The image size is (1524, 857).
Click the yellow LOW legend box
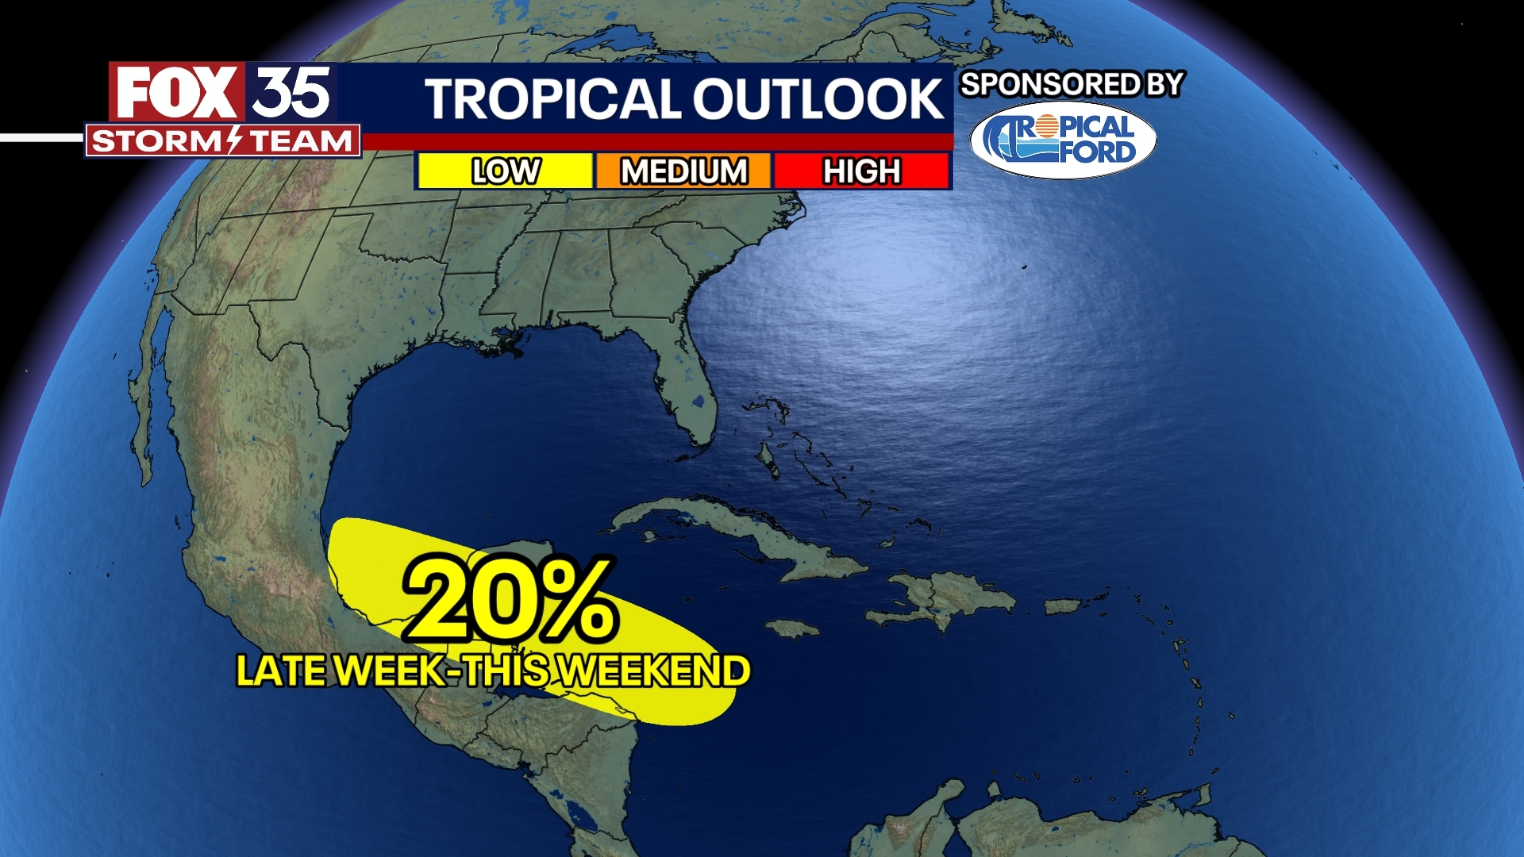[x=505, y=171]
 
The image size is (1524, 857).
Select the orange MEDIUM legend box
[x=683, y=171]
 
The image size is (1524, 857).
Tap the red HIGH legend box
[x=862, y=171]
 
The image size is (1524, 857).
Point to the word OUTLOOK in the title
[x=818, y=99]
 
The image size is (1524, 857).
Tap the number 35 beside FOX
[x=291, y=93]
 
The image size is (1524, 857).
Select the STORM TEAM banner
[x=222, y=141]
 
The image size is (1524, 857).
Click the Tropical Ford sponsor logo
[x=1063, y=140]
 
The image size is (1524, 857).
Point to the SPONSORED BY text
[x=1072, y=84]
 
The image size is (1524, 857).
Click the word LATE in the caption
[x=281, y=671]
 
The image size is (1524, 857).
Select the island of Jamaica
[x=792, y=629]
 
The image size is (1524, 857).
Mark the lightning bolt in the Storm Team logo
[x=236, y=140]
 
